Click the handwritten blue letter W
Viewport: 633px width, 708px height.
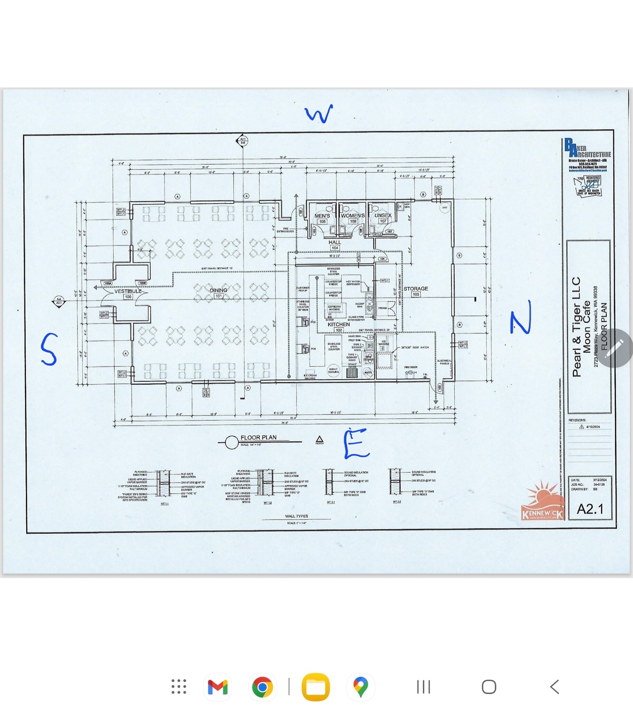pyautogui.click(x=319, y=114)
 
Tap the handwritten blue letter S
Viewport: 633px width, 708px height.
pyautogui.click(x=49, y=349)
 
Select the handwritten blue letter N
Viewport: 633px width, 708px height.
pyautogui.click(x=521, y=317)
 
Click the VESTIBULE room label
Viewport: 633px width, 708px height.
pyautogui.click(x=128, y=291)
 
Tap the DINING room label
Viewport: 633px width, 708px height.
pyautogui.click(x=218, y=290)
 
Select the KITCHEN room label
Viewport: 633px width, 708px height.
pyautogui.click(x=338, y=324)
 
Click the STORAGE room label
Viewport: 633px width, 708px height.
pyautogui.click(x=416, y=289)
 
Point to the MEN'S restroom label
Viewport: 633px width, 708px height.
pyautogui.click(x=322, y=216)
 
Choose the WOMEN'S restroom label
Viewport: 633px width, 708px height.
pyautogui.click(x=353, y=216)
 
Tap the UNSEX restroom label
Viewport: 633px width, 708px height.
pyautogui.click(x=383, y=215)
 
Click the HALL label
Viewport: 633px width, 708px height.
pyautogui.click(x=335, y=242)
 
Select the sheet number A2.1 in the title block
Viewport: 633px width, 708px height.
pyautogui.click(x=590, y=509)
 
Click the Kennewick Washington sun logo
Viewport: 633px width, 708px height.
pyautogui.click(x=542, y=501)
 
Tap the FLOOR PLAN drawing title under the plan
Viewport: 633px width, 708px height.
pyautogui.click(x=258, y=437)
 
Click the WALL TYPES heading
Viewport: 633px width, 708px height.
pyautogui.click(x=296, y=516)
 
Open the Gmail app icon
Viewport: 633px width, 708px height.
pyautogui.click(x=217, y=687)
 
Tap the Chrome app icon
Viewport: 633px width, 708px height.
pyautogui.click(x=263, y=687)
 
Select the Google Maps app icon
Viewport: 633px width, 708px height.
pyautogui.click(x=361, y=687)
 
